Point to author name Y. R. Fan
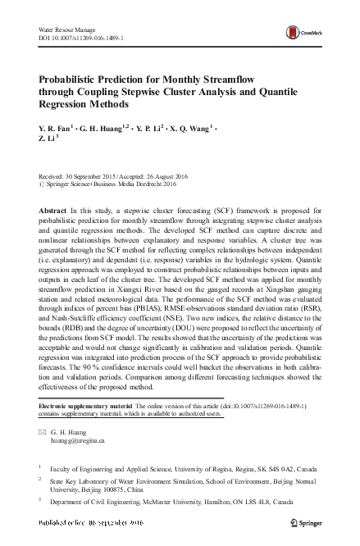[55, 128]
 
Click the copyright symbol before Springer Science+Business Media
[43, 184]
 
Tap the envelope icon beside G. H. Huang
[43, 431]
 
